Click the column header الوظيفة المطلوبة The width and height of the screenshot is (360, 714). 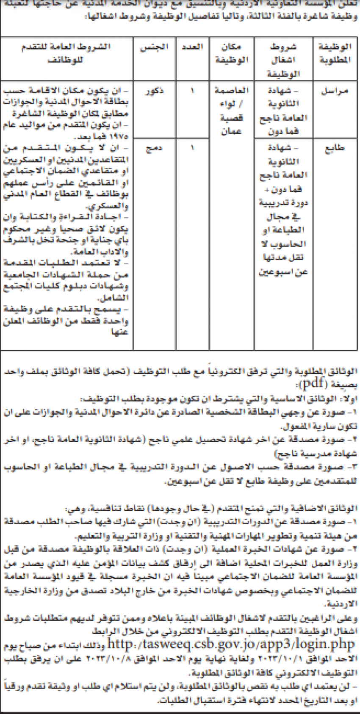tap(336, 53)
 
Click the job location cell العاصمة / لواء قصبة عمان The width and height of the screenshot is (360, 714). tap(231, 111)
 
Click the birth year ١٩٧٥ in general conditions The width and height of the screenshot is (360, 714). tap(120, 137)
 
